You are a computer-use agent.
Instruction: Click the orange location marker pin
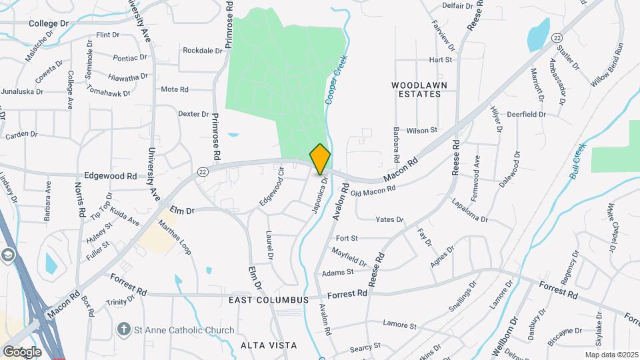320,159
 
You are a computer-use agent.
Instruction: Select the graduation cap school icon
7,255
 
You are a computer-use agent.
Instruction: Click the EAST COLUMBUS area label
269,300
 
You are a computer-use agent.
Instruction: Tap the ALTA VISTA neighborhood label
269,345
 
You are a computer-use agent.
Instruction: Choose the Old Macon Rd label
373,189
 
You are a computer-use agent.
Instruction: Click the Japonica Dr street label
320,195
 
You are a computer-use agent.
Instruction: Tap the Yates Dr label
389,219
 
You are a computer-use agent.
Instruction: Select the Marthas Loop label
175,233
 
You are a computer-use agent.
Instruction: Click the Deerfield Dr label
527,114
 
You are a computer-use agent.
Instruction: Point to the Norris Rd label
80,199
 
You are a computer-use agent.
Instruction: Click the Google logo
22,351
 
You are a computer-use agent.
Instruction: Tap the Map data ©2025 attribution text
611,355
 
